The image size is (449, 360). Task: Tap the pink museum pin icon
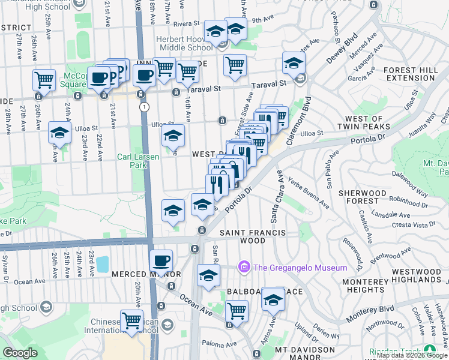click(244, 266)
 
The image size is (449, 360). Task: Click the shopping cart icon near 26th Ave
click(44, 80)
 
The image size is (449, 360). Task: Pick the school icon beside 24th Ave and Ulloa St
click(59, 133)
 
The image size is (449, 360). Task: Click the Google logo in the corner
click(20, 353)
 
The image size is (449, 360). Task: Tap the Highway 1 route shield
click(144, 106)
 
